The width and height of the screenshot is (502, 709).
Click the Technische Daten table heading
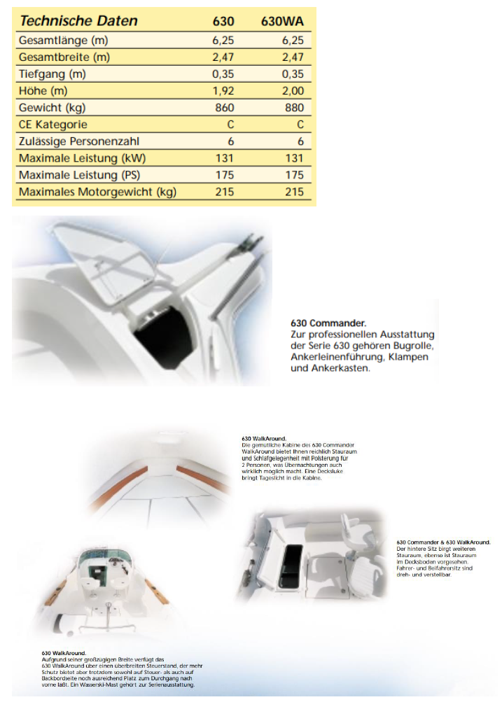78,21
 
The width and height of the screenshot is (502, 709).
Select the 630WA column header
281,21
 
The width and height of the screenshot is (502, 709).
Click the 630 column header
223,21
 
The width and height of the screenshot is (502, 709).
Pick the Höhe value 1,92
223,91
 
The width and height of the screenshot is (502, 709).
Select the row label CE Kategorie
53,125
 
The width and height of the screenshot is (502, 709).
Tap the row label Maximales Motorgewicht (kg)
97,192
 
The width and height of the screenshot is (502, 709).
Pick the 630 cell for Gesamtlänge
223,41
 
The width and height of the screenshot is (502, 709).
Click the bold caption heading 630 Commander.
328,323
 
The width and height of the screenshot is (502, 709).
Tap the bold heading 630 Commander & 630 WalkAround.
443,542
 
